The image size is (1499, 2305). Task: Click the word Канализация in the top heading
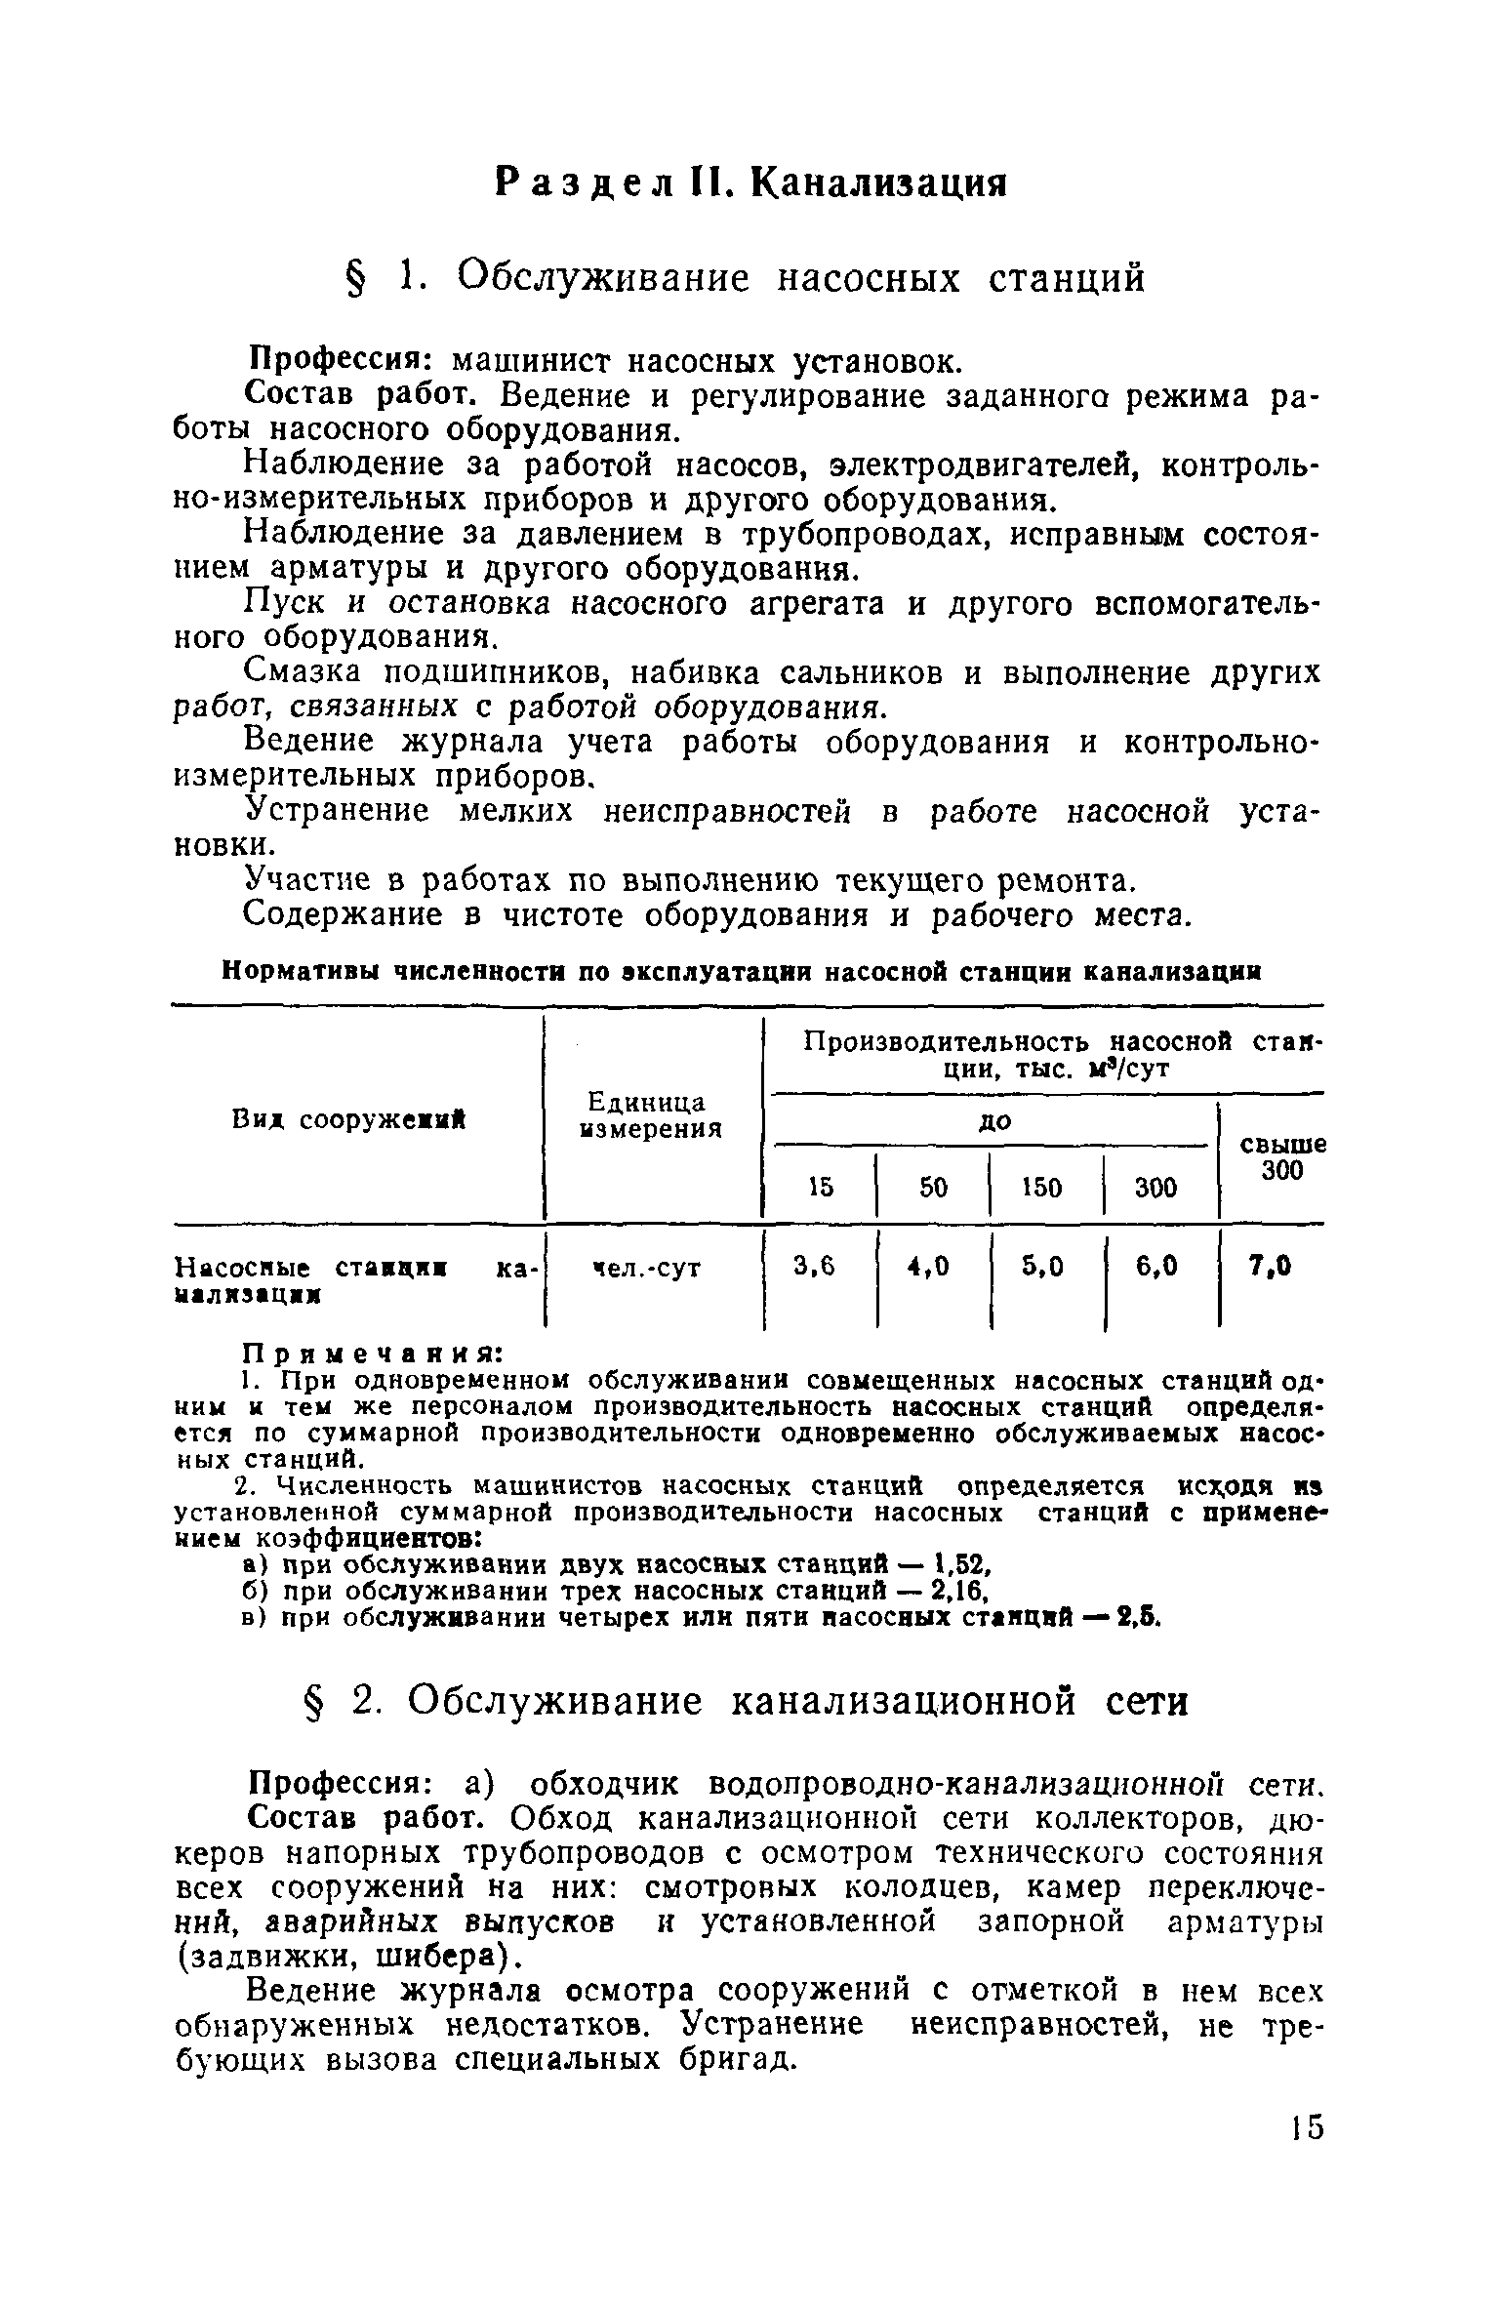click(878, 182)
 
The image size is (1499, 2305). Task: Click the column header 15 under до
click(821, 1187)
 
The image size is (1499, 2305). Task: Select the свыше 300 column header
click(1281, 1157)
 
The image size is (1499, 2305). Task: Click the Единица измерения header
click(650, 1115)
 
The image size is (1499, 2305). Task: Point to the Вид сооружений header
click(348, 1121)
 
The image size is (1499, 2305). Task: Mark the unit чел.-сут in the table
click(647, 1269)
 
